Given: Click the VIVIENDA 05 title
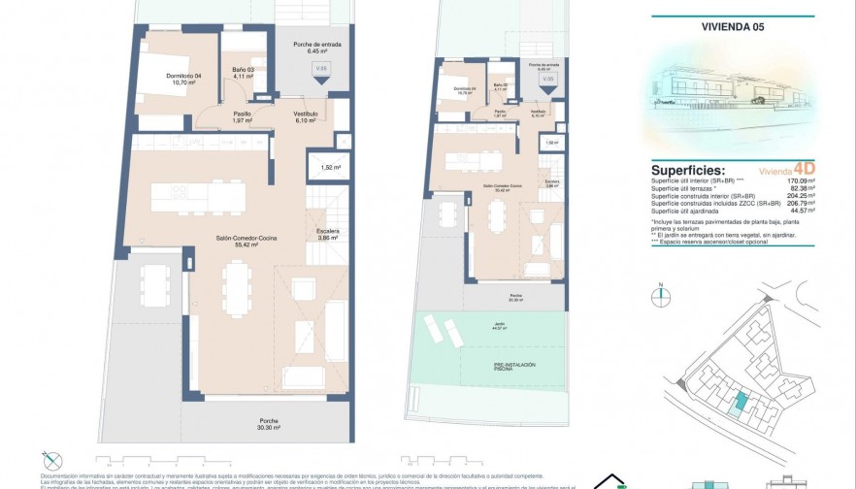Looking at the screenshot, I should click(732, 27).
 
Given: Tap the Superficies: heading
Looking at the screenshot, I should click(688, 169).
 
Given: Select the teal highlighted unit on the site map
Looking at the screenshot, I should click(742, 402).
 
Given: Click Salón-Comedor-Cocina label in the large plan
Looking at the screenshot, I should click(243, 242).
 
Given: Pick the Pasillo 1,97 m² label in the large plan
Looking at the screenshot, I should click(243, 116).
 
